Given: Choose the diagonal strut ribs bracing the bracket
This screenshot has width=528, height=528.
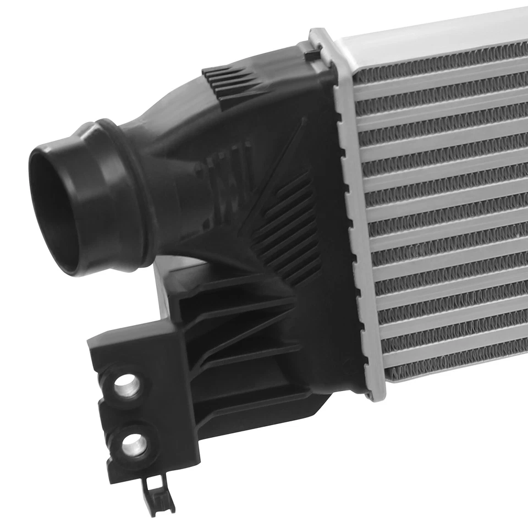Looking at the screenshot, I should click(x=237, y=330).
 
